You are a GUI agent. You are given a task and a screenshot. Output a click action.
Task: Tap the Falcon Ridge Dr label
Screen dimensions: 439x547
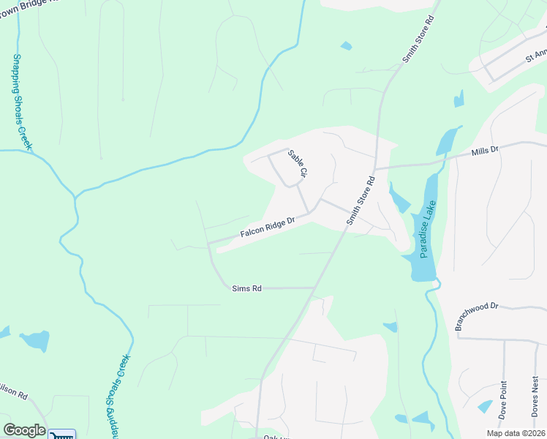267,228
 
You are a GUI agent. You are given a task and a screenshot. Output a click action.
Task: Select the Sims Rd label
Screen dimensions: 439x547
246,289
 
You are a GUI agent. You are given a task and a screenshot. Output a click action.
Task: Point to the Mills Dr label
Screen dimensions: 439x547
484,150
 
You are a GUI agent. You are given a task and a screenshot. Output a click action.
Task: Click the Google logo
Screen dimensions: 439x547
24,430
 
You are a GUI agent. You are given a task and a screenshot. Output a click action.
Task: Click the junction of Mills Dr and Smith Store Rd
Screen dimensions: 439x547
375,168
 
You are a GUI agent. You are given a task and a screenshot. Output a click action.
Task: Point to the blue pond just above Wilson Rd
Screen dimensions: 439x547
34,340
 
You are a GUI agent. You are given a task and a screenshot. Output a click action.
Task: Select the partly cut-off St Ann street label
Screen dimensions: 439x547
536,56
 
